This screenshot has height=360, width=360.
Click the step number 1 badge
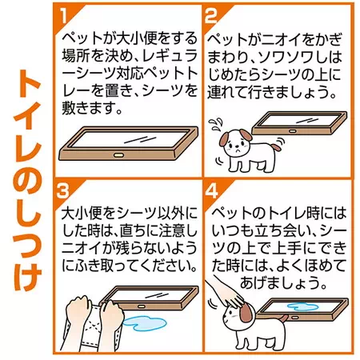pos(63,15)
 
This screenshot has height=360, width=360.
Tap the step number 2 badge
pos(211,15)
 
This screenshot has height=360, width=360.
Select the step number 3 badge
pos(62,190)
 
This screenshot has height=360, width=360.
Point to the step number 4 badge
pos(211,190)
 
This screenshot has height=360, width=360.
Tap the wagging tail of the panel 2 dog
pos(276,146)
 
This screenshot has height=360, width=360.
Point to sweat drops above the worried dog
pos(215,124)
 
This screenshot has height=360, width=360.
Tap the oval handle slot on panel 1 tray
pos(118,155)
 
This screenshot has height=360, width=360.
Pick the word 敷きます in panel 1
pos(88,108)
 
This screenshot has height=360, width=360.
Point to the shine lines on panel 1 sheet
pos(141,139)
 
